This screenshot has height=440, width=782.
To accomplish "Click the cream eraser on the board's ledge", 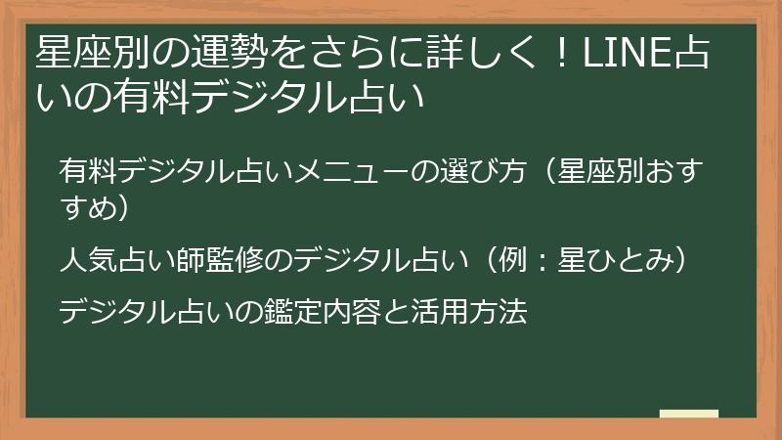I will click(x=689, y=413).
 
